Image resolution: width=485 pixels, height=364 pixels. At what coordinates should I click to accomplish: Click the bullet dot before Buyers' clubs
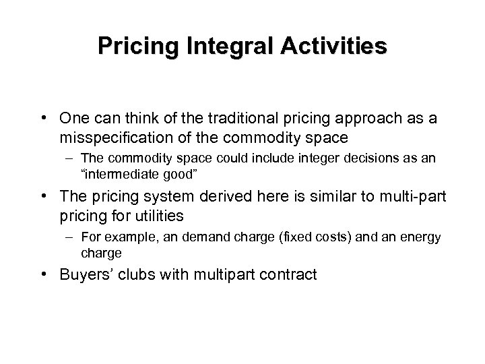coord(69,274)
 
